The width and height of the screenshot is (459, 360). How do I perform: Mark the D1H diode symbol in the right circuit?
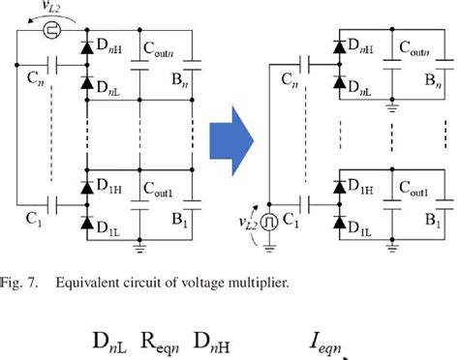pyautogui.click(x=340, y=188)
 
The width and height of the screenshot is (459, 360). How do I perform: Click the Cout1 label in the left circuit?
pyautogui.click(x=161, y=191)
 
